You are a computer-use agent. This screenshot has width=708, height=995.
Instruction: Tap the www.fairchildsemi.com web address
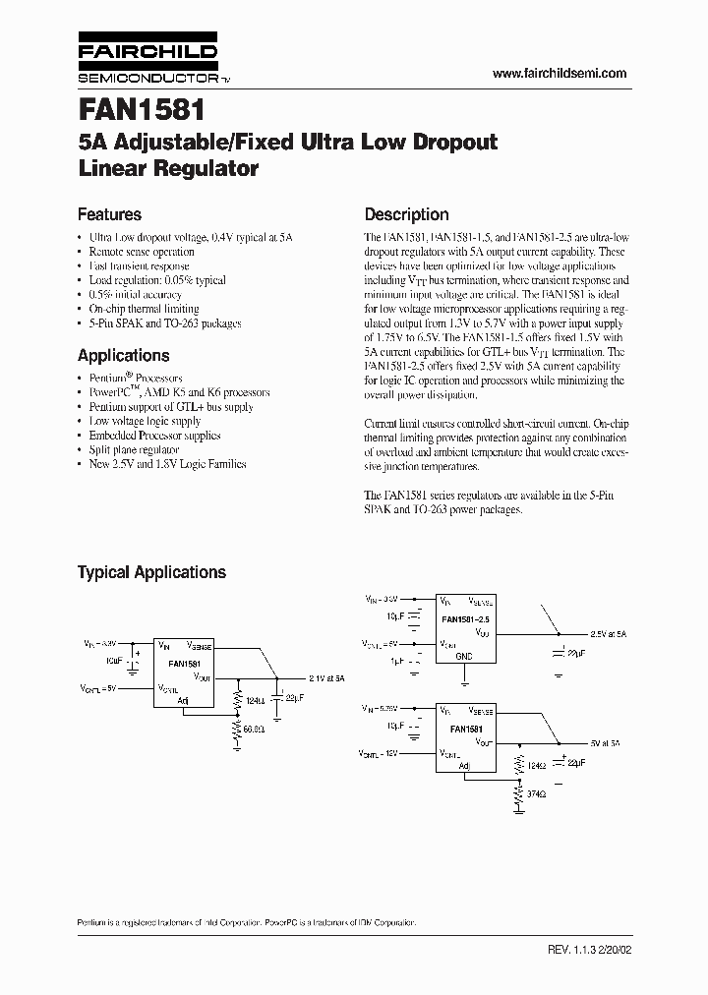pos(559,74)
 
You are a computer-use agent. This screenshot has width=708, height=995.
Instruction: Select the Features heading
pos(109,214)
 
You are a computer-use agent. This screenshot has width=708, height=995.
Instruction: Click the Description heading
pos(406,214)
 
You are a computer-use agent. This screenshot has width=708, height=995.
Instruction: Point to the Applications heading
pos(123,356)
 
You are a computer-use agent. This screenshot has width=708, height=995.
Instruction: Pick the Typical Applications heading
pos(151,572)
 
